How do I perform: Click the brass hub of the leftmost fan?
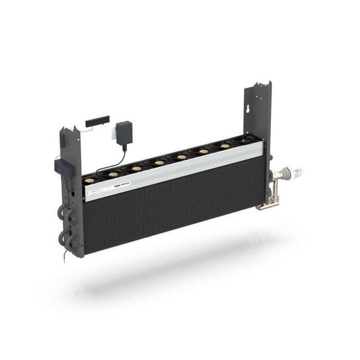tap(91, 181)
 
